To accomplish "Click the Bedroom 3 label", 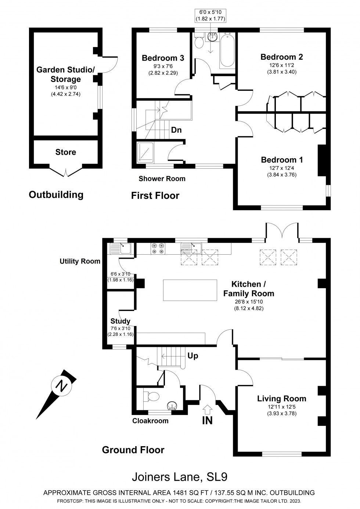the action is (163, 58).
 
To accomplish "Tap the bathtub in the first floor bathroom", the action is (227, 50).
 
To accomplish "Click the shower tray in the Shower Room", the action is (145, 153).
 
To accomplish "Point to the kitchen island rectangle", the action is (190, 290).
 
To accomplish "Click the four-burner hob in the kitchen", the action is (158, 248).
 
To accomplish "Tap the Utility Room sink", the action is (120, 248).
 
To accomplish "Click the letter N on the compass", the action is (61, 386).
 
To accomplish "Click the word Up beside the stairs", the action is (192, 356).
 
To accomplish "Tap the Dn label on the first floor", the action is (176, 130).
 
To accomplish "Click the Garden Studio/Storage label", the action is (66, 74).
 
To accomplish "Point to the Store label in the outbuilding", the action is (66, 152).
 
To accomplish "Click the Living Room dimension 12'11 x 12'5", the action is (282, 407).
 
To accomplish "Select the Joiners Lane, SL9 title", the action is (180, 477).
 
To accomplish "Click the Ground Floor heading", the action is (133, 450).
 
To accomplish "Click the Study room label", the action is (120, 321).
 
